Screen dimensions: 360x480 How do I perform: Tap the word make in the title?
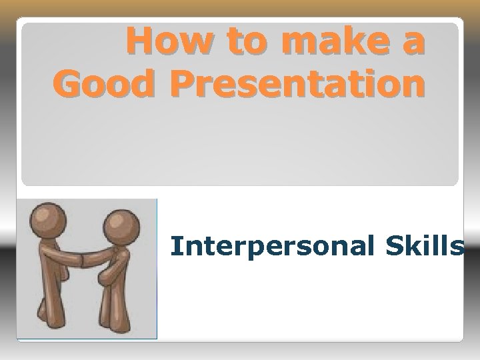[x=330, y=43]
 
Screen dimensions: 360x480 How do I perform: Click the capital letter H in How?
[x=141, y=43]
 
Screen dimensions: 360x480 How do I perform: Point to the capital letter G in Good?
[x=70, y=85]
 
